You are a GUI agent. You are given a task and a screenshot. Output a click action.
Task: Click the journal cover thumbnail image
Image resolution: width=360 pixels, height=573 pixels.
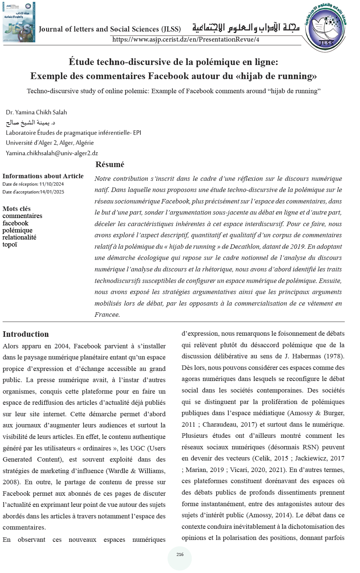click(19, 22)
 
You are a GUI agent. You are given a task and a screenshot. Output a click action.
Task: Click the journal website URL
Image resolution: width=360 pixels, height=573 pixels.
click(185, 39)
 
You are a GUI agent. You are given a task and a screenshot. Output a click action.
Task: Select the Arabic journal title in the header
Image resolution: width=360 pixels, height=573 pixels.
click(246, 28)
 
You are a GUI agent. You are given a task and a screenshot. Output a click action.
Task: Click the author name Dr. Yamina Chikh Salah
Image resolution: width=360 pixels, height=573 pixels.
click(36, 112)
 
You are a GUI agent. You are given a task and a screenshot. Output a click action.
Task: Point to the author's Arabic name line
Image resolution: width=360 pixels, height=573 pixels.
click(30, 123)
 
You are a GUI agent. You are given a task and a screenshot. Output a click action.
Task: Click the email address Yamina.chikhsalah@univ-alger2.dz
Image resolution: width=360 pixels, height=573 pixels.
click(52, 153)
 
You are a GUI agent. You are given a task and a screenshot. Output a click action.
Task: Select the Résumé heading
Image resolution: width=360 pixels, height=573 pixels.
click(110, 165)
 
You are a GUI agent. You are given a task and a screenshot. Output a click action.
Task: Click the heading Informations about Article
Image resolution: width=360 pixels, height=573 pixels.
click(43, 176)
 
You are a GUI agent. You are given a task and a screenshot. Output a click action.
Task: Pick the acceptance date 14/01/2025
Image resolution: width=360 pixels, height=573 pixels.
click(52, 192)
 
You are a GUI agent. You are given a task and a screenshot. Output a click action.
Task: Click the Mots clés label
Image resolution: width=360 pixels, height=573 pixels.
click(17, 209)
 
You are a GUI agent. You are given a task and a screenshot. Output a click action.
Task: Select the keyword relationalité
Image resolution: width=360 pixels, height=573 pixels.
click(19, 237)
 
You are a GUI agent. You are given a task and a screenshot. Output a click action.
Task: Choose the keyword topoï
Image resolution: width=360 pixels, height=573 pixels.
click(10, 244)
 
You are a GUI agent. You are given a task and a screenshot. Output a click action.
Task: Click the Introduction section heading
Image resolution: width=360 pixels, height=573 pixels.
click(26, 334)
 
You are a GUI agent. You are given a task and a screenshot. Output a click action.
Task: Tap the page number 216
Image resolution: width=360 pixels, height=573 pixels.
click(180, 554)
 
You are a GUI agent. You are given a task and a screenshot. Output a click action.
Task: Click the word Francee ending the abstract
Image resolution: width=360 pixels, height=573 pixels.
click(107, 315)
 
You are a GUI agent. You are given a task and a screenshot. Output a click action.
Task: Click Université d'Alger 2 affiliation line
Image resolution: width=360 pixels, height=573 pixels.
click(50, 143)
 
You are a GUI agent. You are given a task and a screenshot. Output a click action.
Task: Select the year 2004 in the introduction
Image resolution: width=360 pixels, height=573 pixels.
click(62, 346)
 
